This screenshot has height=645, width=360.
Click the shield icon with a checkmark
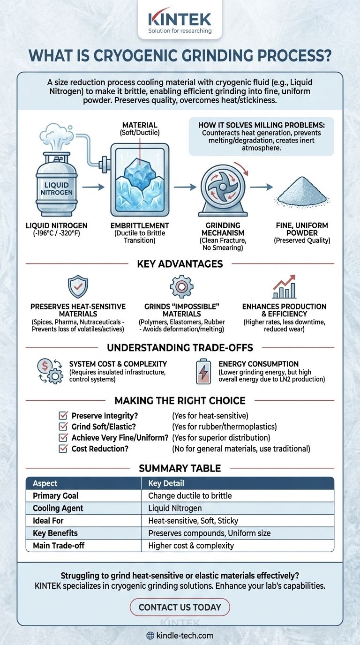78,286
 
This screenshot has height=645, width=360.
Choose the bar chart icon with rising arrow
285,287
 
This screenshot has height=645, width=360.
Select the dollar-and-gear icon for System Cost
49,372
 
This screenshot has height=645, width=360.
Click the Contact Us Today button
180,607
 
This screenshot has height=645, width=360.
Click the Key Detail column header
166,483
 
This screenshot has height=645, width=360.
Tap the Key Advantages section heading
180,263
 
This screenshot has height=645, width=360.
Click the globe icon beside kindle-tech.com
150,636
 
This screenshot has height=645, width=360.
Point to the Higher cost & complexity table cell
191,545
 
